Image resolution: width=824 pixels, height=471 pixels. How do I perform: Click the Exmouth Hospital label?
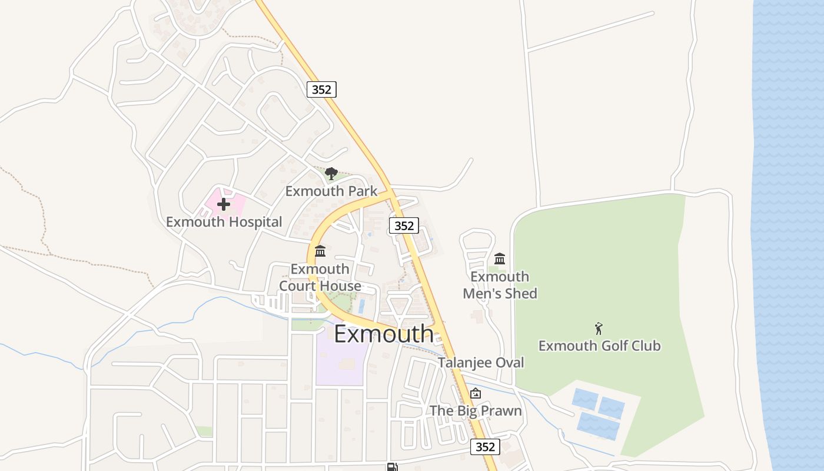[224, 222]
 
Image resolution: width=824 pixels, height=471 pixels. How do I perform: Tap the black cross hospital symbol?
[224, 204]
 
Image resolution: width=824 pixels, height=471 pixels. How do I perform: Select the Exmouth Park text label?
[331, 191]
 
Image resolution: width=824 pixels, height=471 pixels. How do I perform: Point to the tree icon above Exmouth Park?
[331, 173]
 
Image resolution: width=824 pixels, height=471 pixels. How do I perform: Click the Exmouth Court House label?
[320, 277]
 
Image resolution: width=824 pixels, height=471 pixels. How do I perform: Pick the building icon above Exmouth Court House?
[320, 251]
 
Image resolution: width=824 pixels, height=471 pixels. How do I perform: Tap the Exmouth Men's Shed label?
[500, 285]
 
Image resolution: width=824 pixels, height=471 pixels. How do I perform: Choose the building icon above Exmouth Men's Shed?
[500, 258]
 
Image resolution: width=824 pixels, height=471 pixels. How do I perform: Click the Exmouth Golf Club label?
[599, 346]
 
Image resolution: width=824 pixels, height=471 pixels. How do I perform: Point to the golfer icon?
[599, 329]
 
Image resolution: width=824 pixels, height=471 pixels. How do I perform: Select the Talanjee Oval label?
[480, 363]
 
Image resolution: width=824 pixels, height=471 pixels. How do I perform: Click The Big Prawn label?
[476, 410]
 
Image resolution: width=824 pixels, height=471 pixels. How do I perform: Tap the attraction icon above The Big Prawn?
[476, 393]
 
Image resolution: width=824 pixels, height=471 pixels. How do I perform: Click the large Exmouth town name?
[384, 334]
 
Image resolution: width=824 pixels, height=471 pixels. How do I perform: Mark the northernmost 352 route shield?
[321, 89]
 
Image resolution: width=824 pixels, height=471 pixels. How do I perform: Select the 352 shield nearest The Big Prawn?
[485, 447]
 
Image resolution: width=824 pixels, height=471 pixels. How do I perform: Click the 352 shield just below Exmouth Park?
[404, 225]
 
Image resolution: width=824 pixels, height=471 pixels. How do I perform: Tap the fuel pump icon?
[392, 467]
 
